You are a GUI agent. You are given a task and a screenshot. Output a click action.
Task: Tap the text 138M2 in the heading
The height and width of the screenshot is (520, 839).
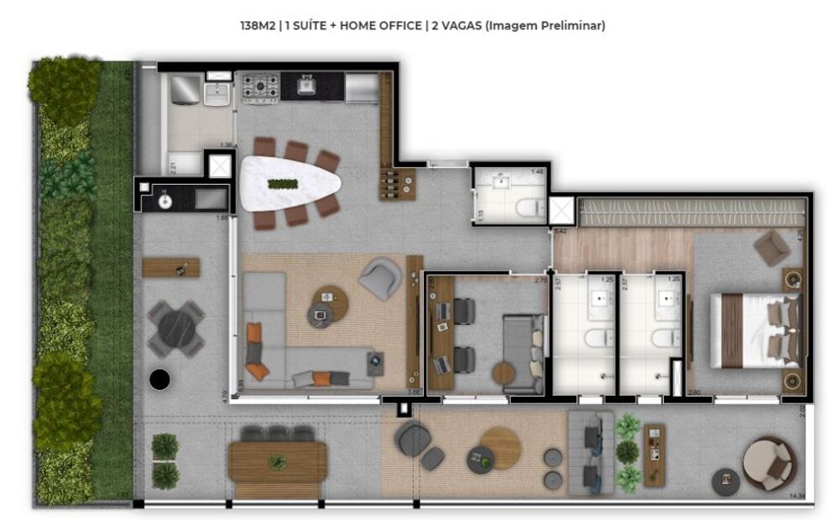click(x=258, y=26)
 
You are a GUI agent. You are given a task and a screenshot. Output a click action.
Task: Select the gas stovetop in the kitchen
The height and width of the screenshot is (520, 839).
click(x=259, y=87)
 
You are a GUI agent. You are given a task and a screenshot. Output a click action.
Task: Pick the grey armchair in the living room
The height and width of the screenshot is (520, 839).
click(x=380, y=279)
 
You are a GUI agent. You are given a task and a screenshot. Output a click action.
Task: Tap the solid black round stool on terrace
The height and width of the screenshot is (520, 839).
click(x=159, y=380)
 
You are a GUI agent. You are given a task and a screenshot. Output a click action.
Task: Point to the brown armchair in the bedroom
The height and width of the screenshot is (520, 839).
click(x=771, y=249)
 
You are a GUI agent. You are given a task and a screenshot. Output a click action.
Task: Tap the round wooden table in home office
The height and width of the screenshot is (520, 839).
click(x=505, y=372)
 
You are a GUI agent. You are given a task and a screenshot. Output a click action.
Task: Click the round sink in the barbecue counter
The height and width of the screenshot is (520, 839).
click(x=165, y=201)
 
